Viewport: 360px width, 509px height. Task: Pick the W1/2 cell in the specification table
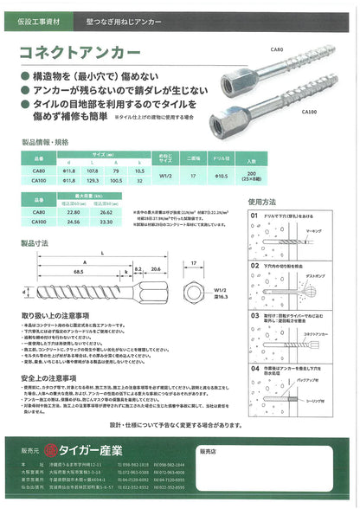click(x=168, y=177)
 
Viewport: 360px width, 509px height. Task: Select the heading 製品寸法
click(x=32, y=244)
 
